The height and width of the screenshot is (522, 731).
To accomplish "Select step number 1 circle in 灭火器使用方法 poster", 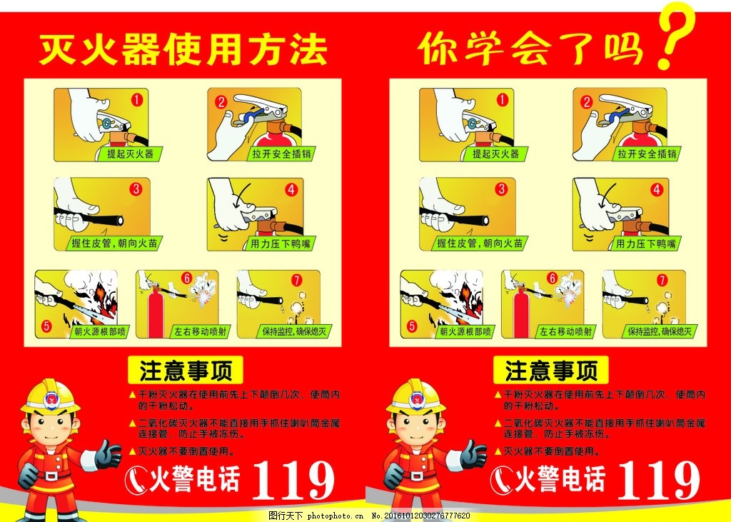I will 138,100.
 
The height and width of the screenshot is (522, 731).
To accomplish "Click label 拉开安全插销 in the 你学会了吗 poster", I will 647,154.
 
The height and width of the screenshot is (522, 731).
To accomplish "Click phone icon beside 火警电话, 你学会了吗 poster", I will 500,481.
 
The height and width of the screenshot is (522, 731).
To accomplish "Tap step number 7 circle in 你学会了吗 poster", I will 662,280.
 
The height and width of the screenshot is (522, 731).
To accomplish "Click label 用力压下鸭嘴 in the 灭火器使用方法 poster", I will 280,244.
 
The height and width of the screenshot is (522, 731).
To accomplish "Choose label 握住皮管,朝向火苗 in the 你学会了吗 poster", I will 480,244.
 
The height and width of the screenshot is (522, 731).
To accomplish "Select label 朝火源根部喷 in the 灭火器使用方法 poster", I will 101,331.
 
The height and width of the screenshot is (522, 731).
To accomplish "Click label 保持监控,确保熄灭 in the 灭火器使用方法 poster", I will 293,331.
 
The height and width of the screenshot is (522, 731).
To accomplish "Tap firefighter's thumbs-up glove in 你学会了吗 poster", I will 473,454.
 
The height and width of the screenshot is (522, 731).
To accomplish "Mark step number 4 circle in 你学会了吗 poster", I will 656,190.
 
